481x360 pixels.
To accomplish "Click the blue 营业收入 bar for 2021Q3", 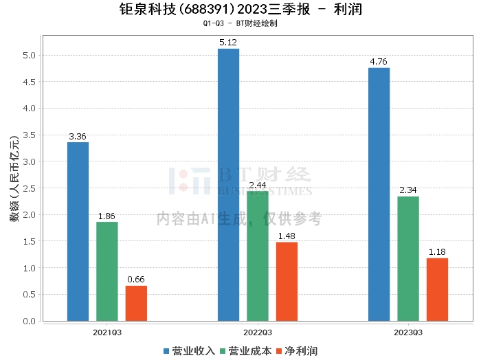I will coord(78,232).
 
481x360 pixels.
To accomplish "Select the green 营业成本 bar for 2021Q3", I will coord(107,271).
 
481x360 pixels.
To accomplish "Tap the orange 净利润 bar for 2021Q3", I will coord(136,303).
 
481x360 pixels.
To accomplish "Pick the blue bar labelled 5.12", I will coord(228,185).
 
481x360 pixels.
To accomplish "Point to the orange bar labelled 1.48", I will coord(287,282).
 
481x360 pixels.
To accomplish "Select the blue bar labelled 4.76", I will coord(379,194).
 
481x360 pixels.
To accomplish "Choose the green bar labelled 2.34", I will coord(408,258).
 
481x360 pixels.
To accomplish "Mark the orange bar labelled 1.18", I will coord(437,289).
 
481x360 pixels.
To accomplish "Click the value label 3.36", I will coord(78,137).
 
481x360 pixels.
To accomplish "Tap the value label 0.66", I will coord(136,280).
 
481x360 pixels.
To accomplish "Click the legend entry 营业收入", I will coord(189,351).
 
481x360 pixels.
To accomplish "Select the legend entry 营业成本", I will coord(245,351).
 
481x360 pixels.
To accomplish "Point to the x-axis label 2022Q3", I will coord(258,333).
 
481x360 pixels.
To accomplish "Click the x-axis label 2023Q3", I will coord(408,333).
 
